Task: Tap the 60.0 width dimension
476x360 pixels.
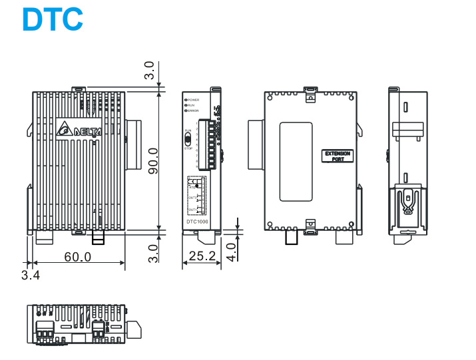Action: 78,256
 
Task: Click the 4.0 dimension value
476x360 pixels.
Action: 230,251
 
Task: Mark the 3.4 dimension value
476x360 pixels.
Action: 30,275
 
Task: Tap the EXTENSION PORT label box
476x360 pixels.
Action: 337,156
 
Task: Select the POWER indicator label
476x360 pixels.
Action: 193,99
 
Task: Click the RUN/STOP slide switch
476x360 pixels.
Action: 188,139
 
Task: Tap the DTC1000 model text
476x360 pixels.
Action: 196,222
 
